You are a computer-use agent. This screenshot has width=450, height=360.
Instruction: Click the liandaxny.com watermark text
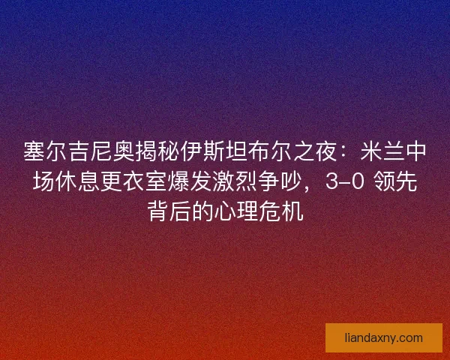pos(383,337)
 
